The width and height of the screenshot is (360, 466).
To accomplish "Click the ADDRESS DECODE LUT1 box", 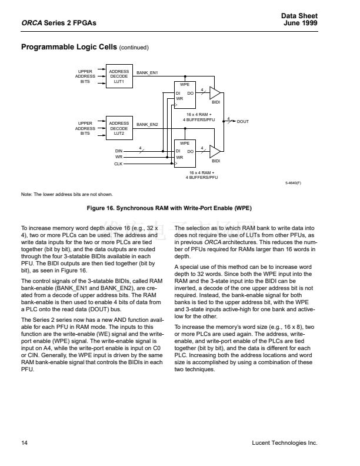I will [x=119, y=77].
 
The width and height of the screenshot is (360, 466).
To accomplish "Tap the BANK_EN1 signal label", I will [x=147, y=72].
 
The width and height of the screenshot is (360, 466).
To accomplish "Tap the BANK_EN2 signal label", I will [x=147, y=124].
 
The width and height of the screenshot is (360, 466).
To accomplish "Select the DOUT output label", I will [x=243, y=121].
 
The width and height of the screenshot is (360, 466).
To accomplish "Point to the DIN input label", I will [x=118, y=151].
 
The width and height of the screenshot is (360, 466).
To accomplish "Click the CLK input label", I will [x=118, y=164].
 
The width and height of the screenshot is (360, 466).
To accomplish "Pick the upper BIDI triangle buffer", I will [x=215, y=94].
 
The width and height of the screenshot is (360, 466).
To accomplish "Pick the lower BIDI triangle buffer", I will [x=215, y=151].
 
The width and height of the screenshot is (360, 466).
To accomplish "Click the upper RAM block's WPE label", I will [x=184, y=85].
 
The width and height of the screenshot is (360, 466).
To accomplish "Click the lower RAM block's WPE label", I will [x=184, y=143].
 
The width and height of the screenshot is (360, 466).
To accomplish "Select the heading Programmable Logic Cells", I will [x=68, y=46].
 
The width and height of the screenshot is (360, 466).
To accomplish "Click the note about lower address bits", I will [x=66, y=194].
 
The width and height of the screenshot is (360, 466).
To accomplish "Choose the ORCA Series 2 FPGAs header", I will [x=58, y=22].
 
